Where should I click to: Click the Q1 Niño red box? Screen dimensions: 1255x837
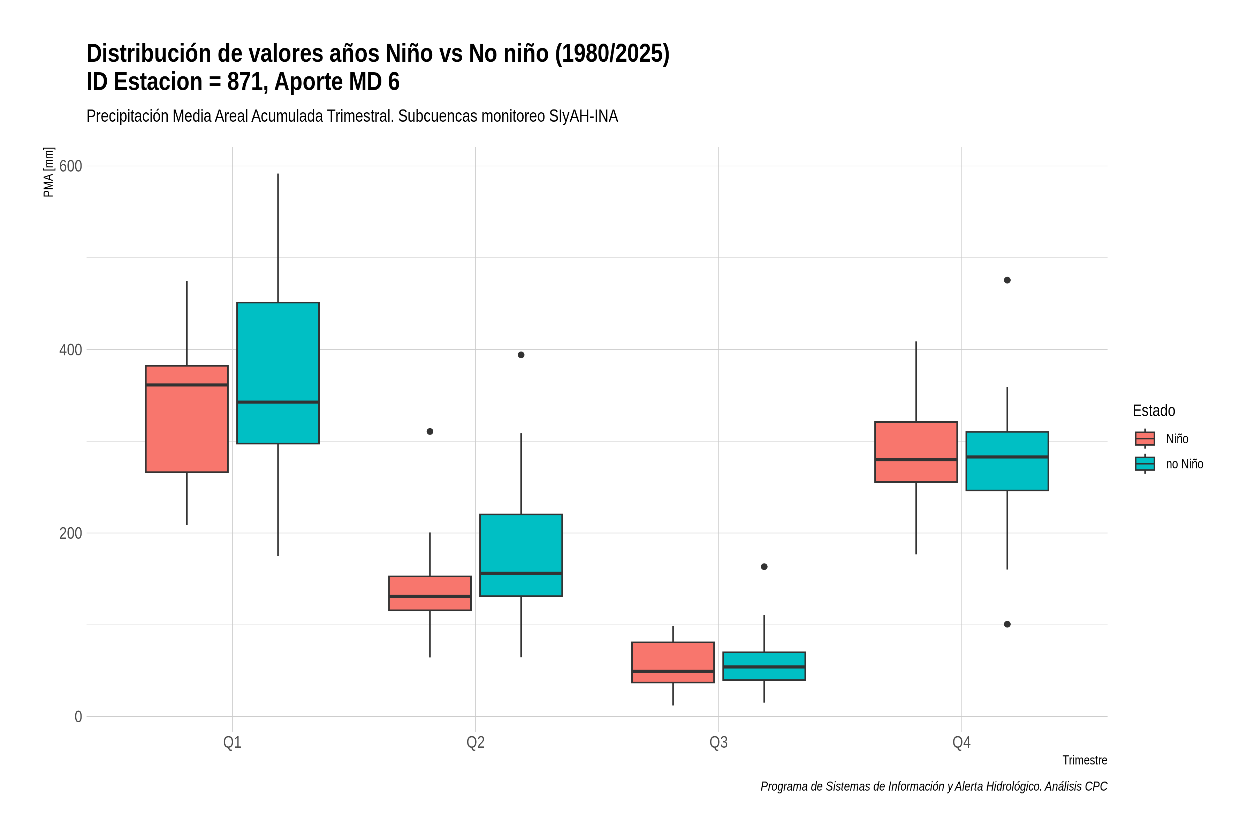[x=187, y=419]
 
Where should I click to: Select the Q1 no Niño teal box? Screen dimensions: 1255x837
[x=278, y=373]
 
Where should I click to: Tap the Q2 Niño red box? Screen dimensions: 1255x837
[x=430, y=593]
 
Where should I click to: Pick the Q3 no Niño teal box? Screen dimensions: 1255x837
[x=764, y=666]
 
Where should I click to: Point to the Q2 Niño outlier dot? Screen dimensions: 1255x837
[x=430, y=431]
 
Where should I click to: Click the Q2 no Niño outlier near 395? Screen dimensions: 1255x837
[x=521, y=355]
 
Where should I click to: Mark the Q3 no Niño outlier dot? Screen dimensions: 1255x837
[x=764, y=567]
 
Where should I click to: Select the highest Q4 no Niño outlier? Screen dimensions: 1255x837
[x=1007, y=280]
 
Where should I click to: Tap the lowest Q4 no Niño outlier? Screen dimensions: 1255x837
[x=1007, y=625]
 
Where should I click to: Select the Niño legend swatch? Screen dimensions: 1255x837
[x=1145, y=439]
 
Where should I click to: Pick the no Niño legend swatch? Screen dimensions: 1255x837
[x=1145, y=464]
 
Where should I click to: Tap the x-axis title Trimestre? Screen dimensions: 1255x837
[x=1085, y=760]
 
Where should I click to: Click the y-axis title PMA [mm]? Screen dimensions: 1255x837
[x=48, y=172]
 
